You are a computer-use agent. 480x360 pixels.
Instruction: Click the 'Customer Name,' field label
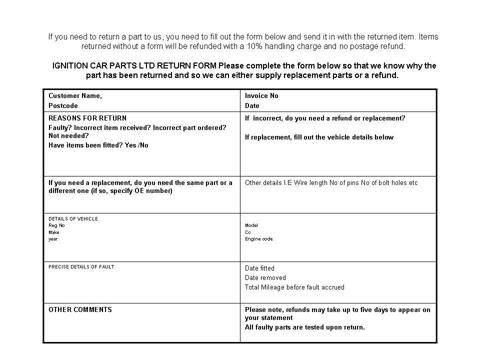coord(75,96)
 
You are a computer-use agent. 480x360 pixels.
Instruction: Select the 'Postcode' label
coord(63,106)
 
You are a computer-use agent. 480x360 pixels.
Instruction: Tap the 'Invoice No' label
coord(261,96)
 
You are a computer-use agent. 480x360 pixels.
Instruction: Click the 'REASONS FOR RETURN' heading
coord(87,118)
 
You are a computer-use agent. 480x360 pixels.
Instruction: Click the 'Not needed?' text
coord(68,136)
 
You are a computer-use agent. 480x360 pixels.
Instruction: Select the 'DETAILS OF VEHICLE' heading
coord(73,219)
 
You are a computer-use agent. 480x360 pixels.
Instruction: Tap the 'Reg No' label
coord(56,225)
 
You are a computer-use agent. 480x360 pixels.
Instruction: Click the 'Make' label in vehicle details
coord(53,232)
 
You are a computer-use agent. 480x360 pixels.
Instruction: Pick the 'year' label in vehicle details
coord(53,239)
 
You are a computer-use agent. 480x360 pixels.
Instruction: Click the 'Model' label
coord(251,225)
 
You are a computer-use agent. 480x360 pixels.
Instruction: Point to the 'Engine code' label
coord(259,239)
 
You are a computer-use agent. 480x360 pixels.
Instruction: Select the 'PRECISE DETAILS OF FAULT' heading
coord(81,267)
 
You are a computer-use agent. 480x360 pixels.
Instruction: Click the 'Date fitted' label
coord(259,268)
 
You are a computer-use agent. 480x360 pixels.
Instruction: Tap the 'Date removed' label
coord(265,278)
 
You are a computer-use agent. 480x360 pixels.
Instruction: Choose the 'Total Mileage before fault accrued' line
coord(294,287)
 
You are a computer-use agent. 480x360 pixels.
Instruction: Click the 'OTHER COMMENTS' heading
coord(80,310)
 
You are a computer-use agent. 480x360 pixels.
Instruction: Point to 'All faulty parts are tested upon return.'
coord(305,327)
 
